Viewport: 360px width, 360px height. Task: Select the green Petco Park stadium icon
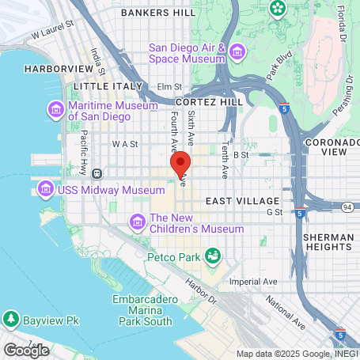tap(212, 256)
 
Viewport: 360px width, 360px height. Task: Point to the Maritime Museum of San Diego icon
tap(56, 109)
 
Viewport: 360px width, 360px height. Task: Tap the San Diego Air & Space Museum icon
tap(237, 53)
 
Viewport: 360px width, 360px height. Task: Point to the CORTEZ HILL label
tap(210, 103)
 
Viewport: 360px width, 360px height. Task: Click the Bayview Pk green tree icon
tap(11, 320)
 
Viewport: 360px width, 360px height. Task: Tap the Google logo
tap(26, 349)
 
